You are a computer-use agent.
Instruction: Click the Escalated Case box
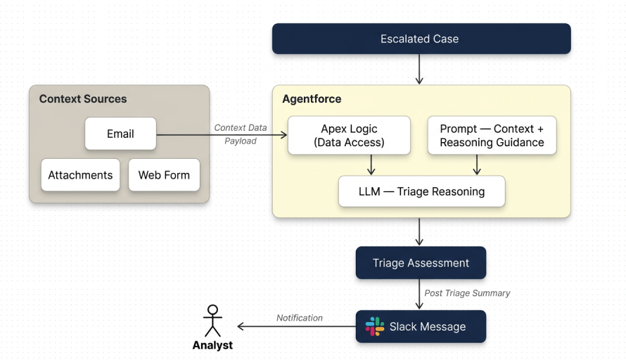click(421, 39)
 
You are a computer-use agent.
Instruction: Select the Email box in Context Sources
click(120, 134)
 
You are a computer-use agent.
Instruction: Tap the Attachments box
click(80, 175)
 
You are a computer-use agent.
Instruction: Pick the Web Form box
click(164, 175)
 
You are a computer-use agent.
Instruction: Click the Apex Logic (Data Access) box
click(349, 136)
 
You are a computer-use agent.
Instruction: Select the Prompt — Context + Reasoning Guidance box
click(492, 136)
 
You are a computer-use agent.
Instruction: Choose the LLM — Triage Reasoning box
click(421, 191)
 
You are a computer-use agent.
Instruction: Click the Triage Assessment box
click(421, 263)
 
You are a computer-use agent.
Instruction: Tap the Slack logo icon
click(375, 326)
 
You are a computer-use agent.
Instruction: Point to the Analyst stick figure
click(212, 321)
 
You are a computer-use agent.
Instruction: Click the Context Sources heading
click(83, 98)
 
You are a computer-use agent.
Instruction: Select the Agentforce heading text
click(312, 98)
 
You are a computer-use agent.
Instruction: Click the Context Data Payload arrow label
click(241, 134)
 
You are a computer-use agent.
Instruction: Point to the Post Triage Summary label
click(467, 292)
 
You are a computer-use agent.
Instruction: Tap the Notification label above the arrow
click(299, 318)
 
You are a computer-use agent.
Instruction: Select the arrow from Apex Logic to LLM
click(371, 165)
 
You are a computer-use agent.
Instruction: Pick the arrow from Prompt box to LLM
click(477, 165)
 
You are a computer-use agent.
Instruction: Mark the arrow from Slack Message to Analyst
click(295, 327)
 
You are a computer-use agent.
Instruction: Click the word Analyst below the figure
click(212, 345)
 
